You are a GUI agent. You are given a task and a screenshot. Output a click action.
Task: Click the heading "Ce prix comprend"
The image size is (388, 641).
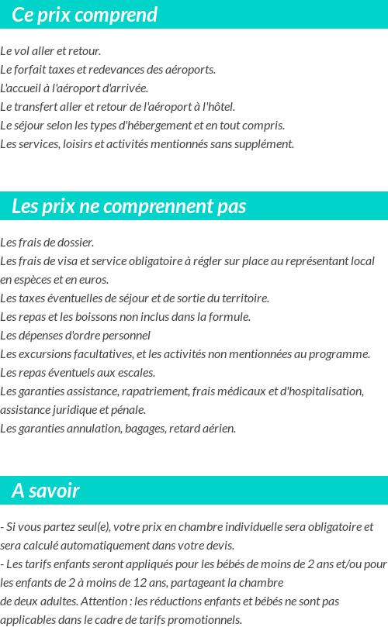[85, 15]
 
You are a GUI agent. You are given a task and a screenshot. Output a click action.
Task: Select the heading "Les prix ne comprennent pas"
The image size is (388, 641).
[129, 206]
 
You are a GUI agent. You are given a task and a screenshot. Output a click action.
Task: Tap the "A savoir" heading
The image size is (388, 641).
[46, 491]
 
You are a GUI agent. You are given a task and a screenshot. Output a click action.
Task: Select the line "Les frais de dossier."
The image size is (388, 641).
[47, 243]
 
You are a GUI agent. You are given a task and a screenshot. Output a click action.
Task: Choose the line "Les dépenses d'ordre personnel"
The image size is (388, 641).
[75, 336]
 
